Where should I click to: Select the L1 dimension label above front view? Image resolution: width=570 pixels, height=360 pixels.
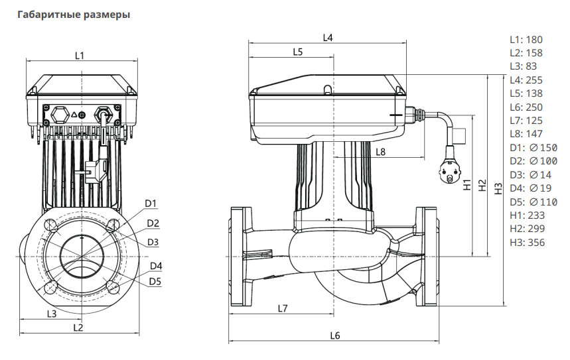tap(80, 55)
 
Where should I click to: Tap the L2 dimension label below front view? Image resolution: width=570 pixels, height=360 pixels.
tap(78, 328)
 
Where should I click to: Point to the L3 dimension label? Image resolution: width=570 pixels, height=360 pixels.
tap(51, 312)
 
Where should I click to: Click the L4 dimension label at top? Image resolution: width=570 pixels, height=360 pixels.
tap(327, 38)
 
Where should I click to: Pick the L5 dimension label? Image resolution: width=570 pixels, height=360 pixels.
tap(297, 52)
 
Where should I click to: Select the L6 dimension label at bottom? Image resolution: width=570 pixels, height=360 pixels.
tap(334, 336)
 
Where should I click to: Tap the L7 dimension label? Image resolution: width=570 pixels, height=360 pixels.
tap(283, 308)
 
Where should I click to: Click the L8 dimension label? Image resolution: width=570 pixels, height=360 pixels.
tap(381, 152)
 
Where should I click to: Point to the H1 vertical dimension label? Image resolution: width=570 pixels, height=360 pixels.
tap(466, 184)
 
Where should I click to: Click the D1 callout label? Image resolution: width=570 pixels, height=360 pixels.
tap(151, 203)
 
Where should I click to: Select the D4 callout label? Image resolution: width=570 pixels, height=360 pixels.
tap(156, 267)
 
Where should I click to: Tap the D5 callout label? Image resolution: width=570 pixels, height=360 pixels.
tap(155, 281)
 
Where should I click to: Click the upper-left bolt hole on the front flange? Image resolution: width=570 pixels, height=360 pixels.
tap(50, 225)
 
